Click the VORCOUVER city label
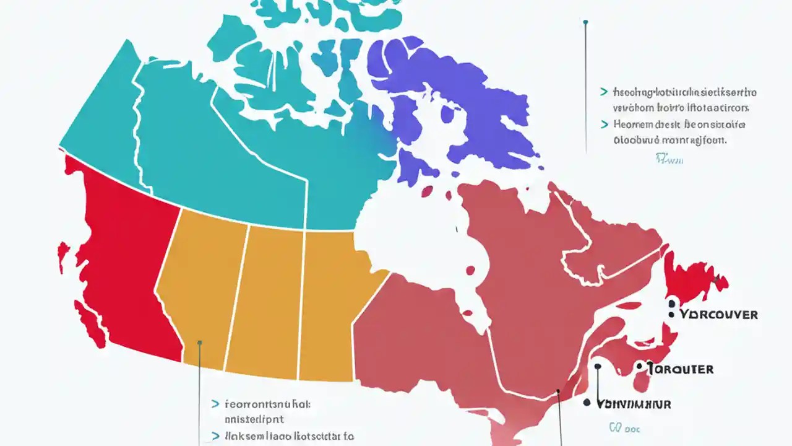[x=718, y=314]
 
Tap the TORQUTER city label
[x=681, y=369]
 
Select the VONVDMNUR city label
[x=634, y=404]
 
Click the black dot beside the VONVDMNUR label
[x=587, y=403]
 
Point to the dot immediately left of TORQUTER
[x=639, y=367]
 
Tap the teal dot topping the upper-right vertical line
[x=585, y=23]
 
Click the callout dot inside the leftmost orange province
[x=199, y=342]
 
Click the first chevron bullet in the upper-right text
[x=603, y=92]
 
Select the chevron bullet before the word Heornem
[x=603, y=125]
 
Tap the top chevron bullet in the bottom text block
[x=215, y=404]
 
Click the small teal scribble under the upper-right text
[x=669, y=160]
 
